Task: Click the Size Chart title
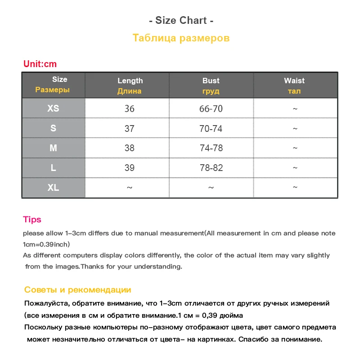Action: tap(180, 21)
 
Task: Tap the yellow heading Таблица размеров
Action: tap(181, 38)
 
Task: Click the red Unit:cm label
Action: tap(40, 64)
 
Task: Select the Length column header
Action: tap(130, 85)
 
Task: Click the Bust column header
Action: tap(211, 85)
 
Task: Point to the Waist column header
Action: tap(294, 85)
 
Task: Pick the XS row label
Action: tap(53, 108)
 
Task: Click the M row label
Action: tap(53, 148)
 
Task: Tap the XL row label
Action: tap(53, 188)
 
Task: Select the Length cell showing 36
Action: tap(130, 109)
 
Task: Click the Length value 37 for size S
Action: tap(130, 129)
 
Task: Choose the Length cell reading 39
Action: tap(130, 168)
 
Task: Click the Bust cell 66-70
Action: tap(211, 109)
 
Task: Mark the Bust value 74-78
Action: tap(211, 148)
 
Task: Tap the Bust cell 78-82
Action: tap(211, 168)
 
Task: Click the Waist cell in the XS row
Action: tap(295, 109)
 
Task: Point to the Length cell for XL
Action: tap(130, 188)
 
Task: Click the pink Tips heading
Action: tap(32, 220)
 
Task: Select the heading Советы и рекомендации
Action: tap(78, 290)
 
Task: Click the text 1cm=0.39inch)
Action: tap(46, 244)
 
